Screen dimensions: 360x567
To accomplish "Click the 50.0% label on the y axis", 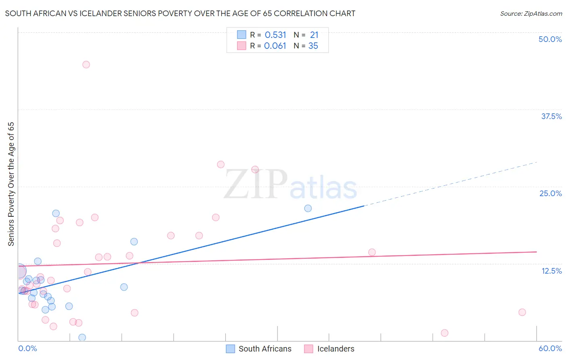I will (x=550, y=39).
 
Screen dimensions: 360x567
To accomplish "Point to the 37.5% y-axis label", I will (x=551, y=116).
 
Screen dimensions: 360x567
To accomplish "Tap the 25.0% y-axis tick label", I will (x=550, y=193).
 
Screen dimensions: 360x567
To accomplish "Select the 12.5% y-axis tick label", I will (x=551, y=271).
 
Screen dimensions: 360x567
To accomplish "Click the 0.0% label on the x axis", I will (x=27, y=348).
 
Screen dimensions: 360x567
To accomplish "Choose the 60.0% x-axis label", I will (x=550, y=348).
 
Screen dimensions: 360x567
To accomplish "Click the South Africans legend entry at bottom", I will (x=258, y=349).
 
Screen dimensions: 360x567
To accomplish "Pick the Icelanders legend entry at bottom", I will (x=329, y=349).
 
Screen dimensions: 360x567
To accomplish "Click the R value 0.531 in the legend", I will (x=275, y=35).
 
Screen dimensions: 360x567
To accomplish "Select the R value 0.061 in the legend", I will (x=275, y=46).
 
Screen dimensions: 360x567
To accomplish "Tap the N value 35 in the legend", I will (x=313, y=46).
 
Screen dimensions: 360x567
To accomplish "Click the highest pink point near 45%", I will (x=86, y=65).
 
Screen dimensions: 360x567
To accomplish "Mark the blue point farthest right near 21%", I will (x=308, y=208).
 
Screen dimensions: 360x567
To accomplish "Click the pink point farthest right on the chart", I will (x=522, y=312).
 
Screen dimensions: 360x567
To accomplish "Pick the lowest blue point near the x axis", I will (x=82, y=337).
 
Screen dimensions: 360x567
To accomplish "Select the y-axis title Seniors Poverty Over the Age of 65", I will (x=11, y=184).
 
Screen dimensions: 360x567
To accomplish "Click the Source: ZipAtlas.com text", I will (x=531, y=14).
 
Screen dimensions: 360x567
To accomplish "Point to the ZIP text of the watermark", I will (x=256, y=185).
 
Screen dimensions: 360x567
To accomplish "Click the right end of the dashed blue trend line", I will (x=536, y=162).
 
